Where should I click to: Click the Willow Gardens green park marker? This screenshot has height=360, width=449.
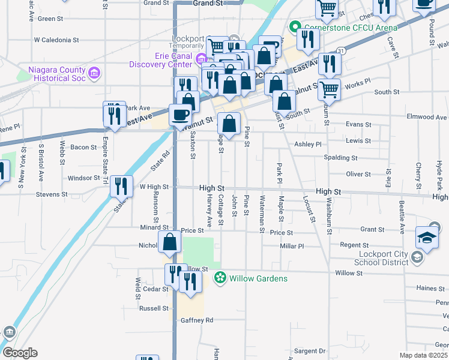click(x=220, y=278)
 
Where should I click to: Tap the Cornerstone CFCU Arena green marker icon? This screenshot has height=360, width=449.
click(x=295, y=27)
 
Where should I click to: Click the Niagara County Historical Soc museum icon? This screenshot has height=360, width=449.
click(x=93, y=73)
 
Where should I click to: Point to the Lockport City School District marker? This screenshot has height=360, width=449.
click(x=418, y=257)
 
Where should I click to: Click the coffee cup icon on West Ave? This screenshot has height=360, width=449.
click(x=180, y=113)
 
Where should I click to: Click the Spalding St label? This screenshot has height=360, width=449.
click(x=340, y=158)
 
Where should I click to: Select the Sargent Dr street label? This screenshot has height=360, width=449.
click(x=310, y=350)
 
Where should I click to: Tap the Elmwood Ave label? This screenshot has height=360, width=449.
click(x=427, y=117)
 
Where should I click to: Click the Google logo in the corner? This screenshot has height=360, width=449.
click(x=19, y=353)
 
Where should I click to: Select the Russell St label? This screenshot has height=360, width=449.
click(x=155, y=308)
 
